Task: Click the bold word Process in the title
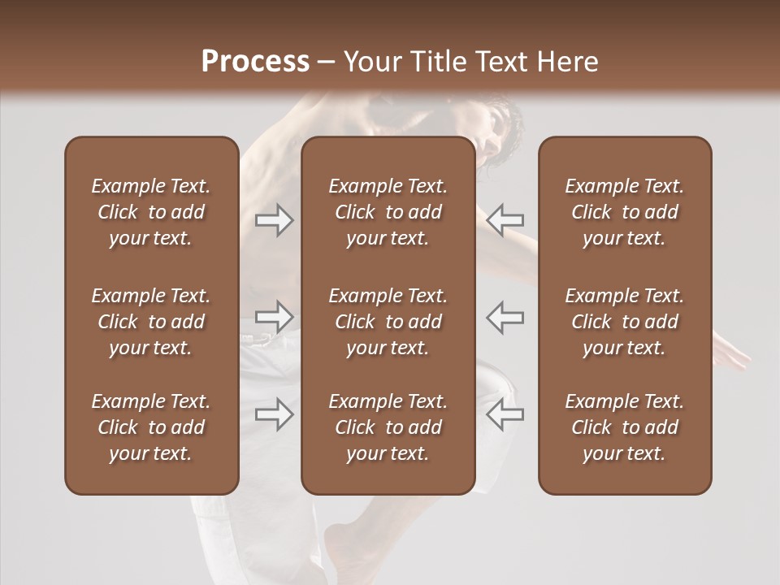[x=255, y=62]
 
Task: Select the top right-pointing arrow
[x=275, y=219]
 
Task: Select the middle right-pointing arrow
[x=275, y=317]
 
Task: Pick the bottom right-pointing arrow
[x=275, y=414]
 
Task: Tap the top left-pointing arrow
[x=505, y=219]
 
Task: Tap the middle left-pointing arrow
[x=505, y=317]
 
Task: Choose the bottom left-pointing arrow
[x=505, y=414]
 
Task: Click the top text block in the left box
[x=151, y=212]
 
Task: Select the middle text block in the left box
[x=151, y=322]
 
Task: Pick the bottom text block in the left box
[x=151, y=427]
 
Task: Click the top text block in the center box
[x=388, y=212]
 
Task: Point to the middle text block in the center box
[x=388, y=322]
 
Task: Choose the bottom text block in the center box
[x=388, y=427]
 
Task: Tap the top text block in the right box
[x=624, y=212]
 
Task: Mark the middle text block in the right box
[x=624, y=322]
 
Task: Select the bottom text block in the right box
[x=624, y=427]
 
